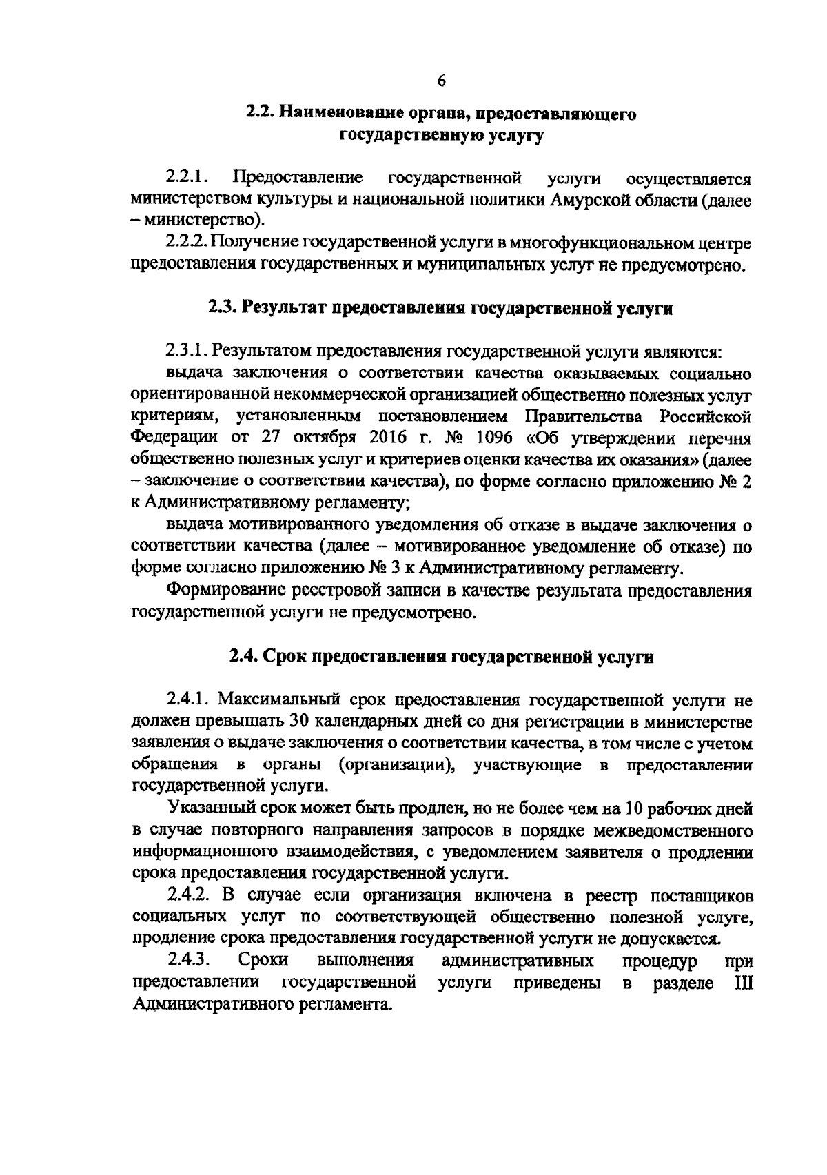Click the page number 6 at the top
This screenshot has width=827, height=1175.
[441, 81]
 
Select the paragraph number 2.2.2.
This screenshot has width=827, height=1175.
[187, 243]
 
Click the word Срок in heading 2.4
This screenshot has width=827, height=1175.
[286, 657]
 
